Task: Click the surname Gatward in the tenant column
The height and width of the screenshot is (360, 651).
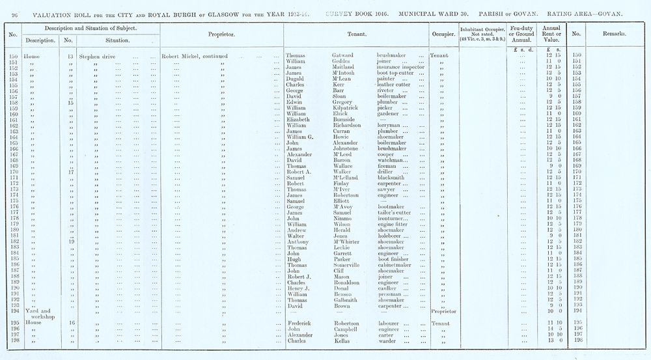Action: [335, 56]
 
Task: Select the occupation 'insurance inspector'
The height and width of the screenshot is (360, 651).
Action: [400, 67]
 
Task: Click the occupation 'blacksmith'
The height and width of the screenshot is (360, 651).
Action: [393, 178]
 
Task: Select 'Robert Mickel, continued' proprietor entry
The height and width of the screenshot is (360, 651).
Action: [195, 56]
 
